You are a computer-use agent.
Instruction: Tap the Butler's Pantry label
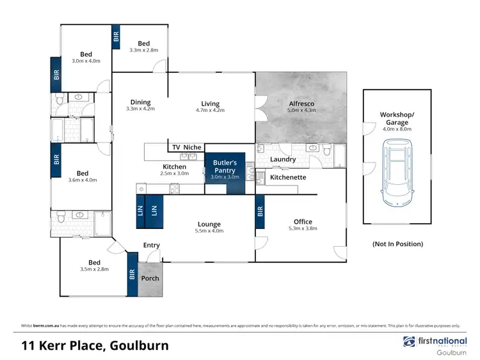click(x=225, y=167)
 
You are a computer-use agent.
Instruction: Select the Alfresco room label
click(x=301, y=102)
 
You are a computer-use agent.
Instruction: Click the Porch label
click(x=150, y=278)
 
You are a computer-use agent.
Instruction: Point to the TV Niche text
click(x=186, y=148)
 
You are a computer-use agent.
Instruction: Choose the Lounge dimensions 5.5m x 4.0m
click(x=209, y=232)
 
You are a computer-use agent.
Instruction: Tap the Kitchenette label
click(x=288, y=177)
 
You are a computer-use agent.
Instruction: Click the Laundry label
click(x=282, y=159)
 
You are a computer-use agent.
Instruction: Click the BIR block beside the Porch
click(x=132, y=274)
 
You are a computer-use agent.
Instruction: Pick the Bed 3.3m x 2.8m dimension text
click(x=143, y=50)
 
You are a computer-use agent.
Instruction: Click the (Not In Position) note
click(x=397, y=244)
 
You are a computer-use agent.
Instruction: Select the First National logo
click(x=435, y=342)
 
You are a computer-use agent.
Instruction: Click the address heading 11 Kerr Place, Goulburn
click(x=95, y=346)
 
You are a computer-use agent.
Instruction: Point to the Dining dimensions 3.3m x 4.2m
click(x=140, y=109)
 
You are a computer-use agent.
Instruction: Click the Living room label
click(x=210, y=104)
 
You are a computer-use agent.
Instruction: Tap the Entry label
click(x=152, y=245)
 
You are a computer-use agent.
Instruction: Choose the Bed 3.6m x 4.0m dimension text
click(x=83, y=180)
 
